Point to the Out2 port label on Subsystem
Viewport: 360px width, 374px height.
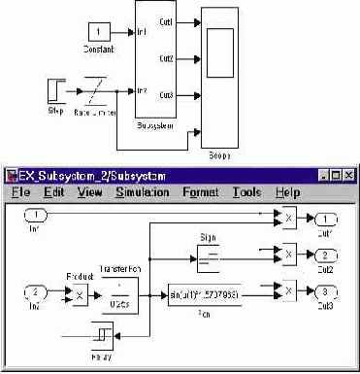tap(167, 58)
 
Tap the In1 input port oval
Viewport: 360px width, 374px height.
tap(35, 214)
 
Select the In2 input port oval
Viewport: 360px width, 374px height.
tap(35, 290)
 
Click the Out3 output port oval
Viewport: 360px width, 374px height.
tap(325, 290)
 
